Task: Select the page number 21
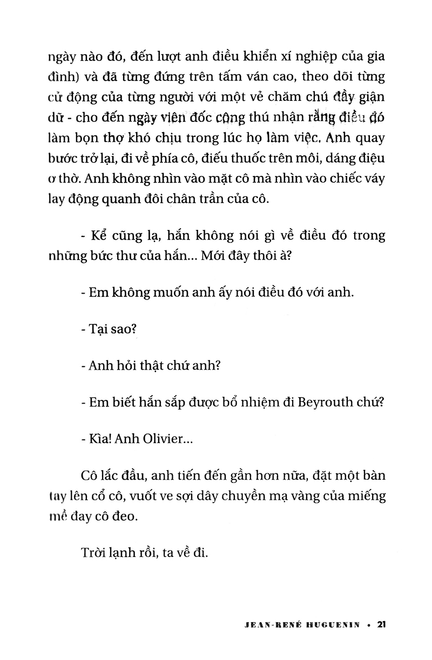click(381, 624)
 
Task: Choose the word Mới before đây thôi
click(212, 256)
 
